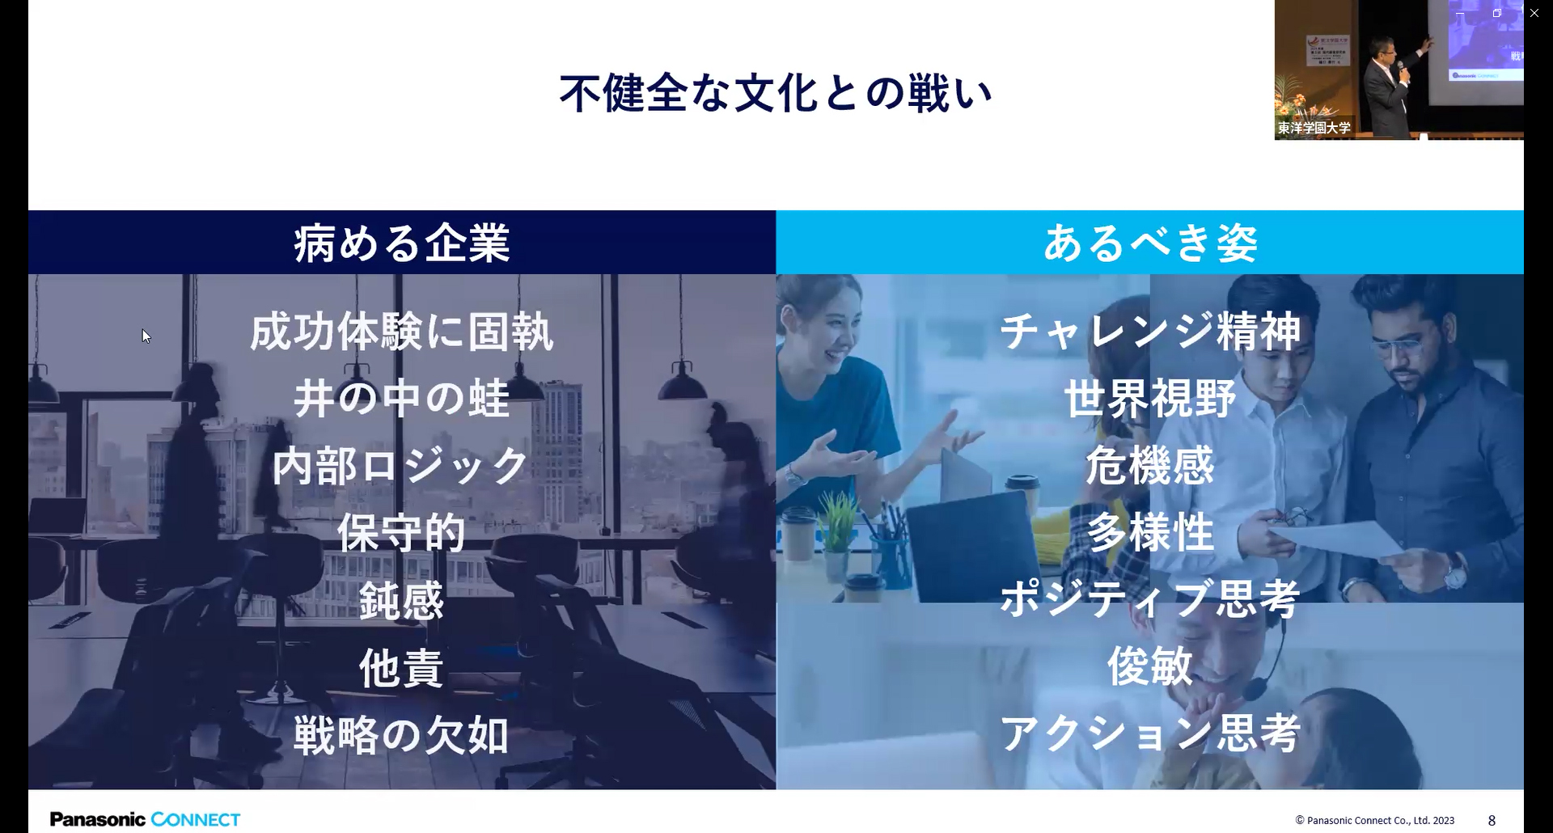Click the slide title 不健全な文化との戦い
[x=776, y=93]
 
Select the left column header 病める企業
[x=402, y=243]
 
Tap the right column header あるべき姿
[x=1150, y=243]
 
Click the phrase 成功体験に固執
[x=402, y=332]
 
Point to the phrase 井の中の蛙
[x=402, y=399]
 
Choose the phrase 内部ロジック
[x=402, y=466]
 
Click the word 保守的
[x=402, y=533]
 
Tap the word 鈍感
[x=402, y=601]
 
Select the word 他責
[x=402, y=669]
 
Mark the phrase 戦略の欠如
[x=402, y=736]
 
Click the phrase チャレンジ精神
[x=1150, y=332]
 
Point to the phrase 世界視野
[x=1150, y=399]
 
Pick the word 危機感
[x=1150, y=466]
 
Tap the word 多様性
[x=1150, y=533]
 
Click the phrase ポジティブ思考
[x=1150, y=599]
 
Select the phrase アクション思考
[x=1150, y=733]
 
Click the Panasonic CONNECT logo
[x=146, y=819]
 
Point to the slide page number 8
[x=1492, y=820]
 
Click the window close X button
[x=1534, y=13]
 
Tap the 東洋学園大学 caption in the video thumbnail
[x=1314, y=128]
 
